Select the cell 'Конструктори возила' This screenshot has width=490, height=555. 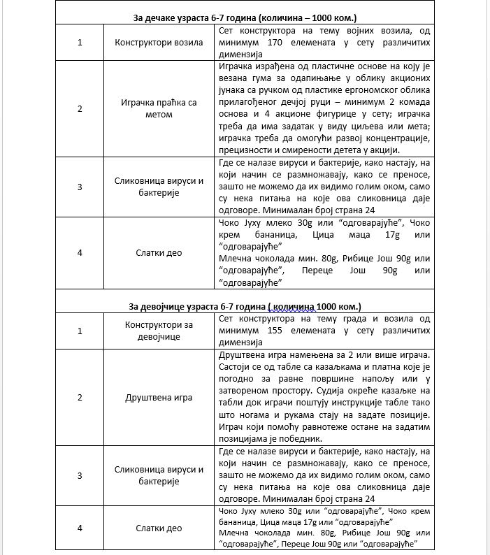click(159, 43)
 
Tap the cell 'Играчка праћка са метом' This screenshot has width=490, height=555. click(159, 108)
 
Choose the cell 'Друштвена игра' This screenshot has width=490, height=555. click(159, 397)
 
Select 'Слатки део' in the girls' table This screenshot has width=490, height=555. click(159, 528)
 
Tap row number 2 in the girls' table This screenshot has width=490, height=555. click(80, 397)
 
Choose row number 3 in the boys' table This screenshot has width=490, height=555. click(80, 187)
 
